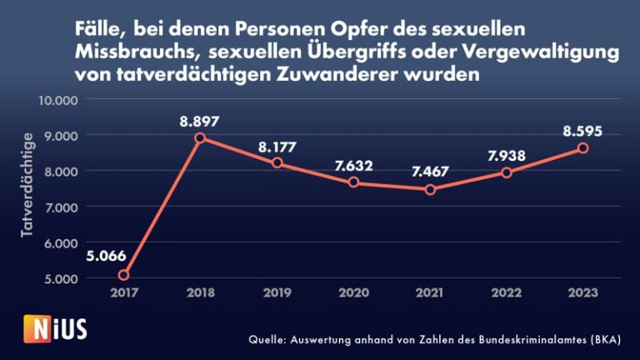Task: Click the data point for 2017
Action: click(x=123, y=275)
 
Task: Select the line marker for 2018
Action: click(x=200, y=138)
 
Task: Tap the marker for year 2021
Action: click(x=430, y=189)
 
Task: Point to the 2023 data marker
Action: click(x=583, y=147)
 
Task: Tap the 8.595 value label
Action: click(x=582, y=131)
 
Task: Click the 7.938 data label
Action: click(x=506, y=155)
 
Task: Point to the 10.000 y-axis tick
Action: click(x=58, y=100)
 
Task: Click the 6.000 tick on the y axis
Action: click(x=62, y=243)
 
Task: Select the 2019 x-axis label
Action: click(x=277, y=292)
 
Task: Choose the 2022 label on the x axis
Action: click(x=507, y=292)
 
